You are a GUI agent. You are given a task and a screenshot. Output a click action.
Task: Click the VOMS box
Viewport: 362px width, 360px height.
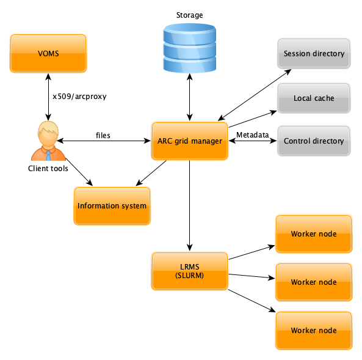tap(48, 54)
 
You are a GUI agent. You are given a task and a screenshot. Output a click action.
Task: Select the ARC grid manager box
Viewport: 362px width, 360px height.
tap(189, 141)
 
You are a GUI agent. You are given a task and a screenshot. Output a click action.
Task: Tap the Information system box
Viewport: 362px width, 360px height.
tap(112, 206)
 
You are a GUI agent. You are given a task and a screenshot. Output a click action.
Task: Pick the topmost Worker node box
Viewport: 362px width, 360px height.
tap(314, 234)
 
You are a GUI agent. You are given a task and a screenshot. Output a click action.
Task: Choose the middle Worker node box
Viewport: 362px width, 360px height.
tap(314, 282)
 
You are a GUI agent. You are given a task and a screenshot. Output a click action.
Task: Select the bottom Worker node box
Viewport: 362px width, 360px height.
tap(314, 331)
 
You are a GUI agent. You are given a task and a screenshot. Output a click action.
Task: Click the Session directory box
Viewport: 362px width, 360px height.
tap(314, 54)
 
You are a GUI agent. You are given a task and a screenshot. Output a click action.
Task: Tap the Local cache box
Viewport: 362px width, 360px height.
tap(314, 98)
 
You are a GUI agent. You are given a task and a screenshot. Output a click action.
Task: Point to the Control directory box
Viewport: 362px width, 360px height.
tap(314, 141)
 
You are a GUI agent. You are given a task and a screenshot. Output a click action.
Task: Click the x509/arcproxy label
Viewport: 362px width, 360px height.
tap(79, 96)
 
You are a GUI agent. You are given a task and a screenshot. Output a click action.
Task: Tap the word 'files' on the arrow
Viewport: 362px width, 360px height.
tap(103, 135)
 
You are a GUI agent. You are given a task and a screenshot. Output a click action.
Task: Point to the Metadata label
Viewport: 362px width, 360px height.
tap(252, 134)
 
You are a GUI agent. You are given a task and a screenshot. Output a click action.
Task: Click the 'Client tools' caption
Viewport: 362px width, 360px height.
tap(48, 168)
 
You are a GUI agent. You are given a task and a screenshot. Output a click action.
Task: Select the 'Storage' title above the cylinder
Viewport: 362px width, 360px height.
tap(190, 15)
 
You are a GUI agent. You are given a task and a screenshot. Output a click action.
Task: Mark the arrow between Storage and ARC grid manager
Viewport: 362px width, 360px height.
tap(190, 98)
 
